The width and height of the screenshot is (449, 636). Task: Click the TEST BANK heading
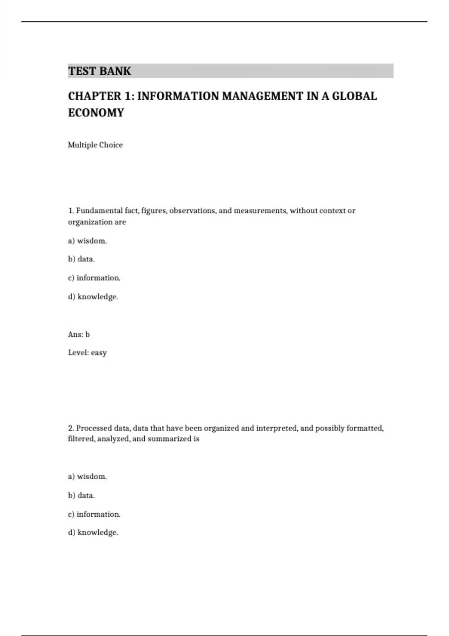[x=100, y=71]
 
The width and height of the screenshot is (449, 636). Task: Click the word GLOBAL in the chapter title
[x=354, y=96]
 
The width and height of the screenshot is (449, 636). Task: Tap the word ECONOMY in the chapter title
[x=96, y=113]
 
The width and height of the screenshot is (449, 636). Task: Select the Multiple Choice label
[x=95, y=145]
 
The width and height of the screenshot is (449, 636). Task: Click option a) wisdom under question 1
[x=87, y=241]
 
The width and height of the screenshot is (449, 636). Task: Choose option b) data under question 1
[x=81, y=259]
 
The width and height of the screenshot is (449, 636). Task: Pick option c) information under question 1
[x=94, y=278]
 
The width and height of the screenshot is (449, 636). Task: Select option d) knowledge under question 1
[x=93, y=297]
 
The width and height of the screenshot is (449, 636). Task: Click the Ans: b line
[x=79, y=334]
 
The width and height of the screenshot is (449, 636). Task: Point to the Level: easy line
[x=87, y=352]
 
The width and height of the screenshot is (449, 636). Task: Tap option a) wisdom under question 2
[x=87, y=477]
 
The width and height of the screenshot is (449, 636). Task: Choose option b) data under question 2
[x=81, y=495]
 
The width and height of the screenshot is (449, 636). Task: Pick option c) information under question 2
[x=94, y=514]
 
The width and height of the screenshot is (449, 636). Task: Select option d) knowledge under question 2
[x=93, y=532]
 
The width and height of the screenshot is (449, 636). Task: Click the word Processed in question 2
[x=94, y=428]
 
